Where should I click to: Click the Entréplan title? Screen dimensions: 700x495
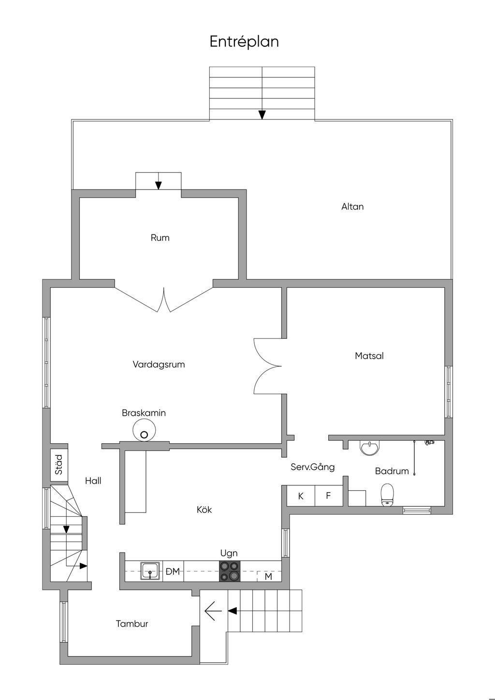click(244, 42)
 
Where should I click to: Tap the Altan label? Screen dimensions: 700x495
click(352, 206)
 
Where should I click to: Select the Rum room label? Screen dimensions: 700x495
click(160, 237)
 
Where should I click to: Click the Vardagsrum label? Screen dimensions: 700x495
click(159, 365)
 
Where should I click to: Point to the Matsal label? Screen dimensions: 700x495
click(369, 356)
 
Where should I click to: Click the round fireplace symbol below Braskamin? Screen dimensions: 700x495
click(144, 430)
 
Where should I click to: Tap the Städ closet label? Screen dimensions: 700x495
click(59, 464)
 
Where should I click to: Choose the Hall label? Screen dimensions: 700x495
click(93, 481)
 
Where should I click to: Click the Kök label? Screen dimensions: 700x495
click(204, 510)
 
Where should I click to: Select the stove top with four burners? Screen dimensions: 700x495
click(230, 571)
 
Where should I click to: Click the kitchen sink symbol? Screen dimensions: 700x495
click(150, 571)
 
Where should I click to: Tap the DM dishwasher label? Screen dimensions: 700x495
click(173, 571)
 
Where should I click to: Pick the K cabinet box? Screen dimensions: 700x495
click(301, 496)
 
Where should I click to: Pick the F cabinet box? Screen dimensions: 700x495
click(328, 496)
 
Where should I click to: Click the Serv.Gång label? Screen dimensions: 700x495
click(312, 467)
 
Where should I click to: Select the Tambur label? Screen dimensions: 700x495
click(132, 624)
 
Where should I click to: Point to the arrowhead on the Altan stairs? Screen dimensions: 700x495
click(262, 115)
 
